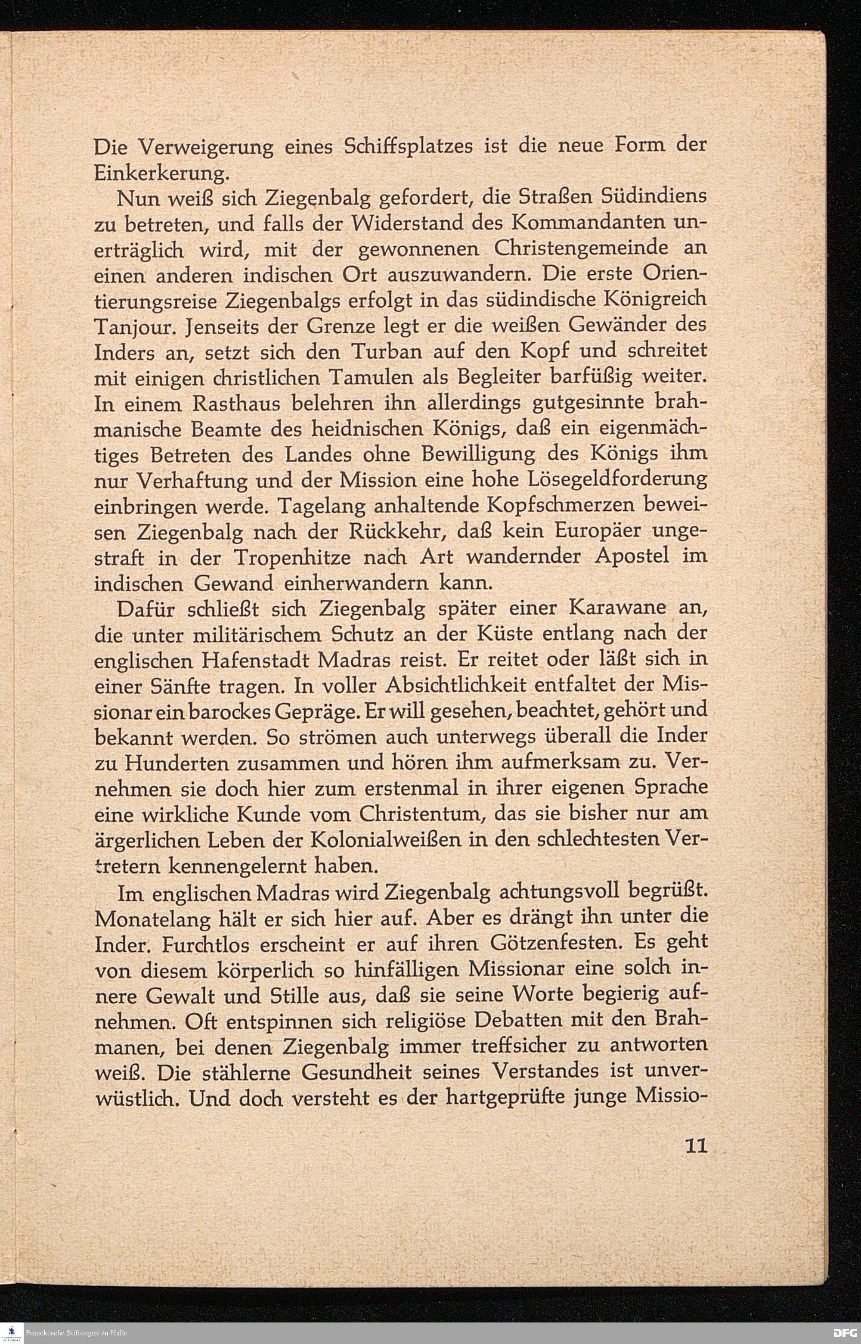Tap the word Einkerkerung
tap(161, 174)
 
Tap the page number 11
tap(696, 1162)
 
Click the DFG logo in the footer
tap(846, 1333)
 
